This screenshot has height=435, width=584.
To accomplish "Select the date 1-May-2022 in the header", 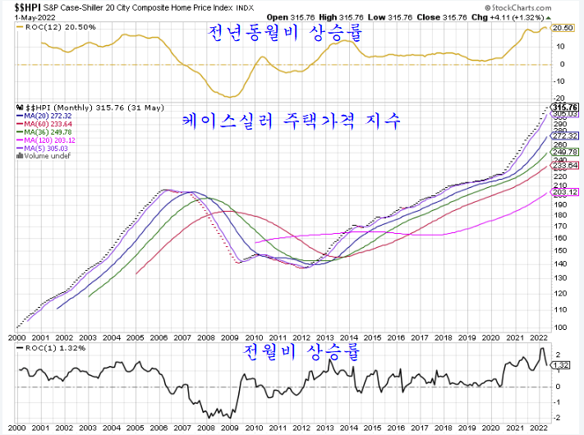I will point(18,14).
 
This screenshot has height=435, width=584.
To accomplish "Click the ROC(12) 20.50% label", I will point(49,27).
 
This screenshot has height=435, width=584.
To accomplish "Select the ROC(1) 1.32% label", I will point(44,348).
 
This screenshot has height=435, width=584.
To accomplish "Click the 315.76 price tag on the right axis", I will point(566,108).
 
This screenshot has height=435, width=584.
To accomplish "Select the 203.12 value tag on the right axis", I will point(566,192).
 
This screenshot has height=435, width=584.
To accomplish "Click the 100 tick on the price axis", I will point(560,327).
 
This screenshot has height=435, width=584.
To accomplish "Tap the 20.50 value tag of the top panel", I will point(563,28).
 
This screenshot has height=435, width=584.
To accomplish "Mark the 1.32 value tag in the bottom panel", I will point(562,365).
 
